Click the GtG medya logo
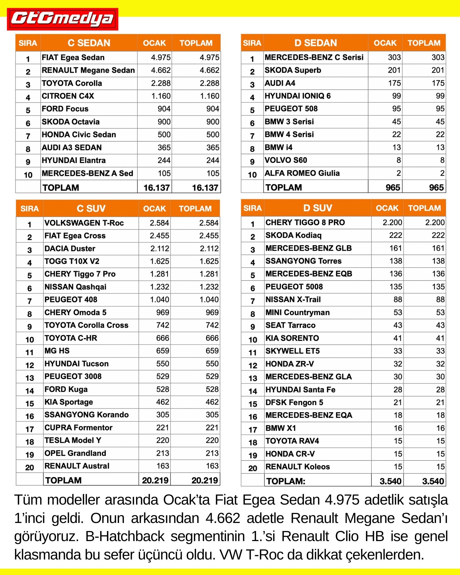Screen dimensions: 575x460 click(x=62, y=19)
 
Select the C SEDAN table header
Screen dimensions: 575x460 click(x=89, y=43)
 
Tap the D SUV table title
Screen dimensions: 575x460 click(x=317, y=208)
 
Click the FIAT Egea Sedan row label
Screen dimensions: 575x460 click(x=73, y=57)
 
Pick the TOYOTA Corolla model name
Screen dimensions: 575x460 click(x=72, y=83)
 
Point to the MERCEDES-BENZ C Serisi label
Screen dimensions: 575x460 click(x=314, y=57)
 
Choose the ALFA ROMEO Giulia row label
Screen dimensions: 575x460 click(x=302, y=173)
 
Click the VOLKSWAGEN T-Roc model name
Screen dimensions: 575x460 click(x=84, y=223)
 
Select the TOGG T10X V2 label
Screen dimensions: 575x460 click(x=72, y=261)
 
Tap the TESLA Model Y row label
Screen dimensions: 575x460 click(x=73, y=440)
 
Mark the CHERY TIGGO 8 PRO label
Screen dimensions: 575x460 click(x=305, y=223)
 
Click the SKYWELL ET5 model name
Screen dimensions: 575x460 click(x=292, y=351)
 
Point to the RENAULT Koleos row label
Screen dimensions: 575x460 click(x=298, y=467)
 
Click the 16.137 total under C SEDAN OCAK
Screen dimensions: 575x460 click(x=156, y=188)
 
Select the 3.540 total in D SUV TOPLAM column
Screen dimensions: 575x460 click(x=433, y=481)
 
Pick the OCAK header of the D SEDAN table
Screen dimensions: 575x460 click(x=385, y=43)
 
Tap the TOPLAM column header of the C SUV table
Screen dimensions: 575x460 click(x=195, y=208)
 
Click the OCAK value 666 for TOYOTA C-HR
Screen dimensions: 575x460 click(x=162, y=338)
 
